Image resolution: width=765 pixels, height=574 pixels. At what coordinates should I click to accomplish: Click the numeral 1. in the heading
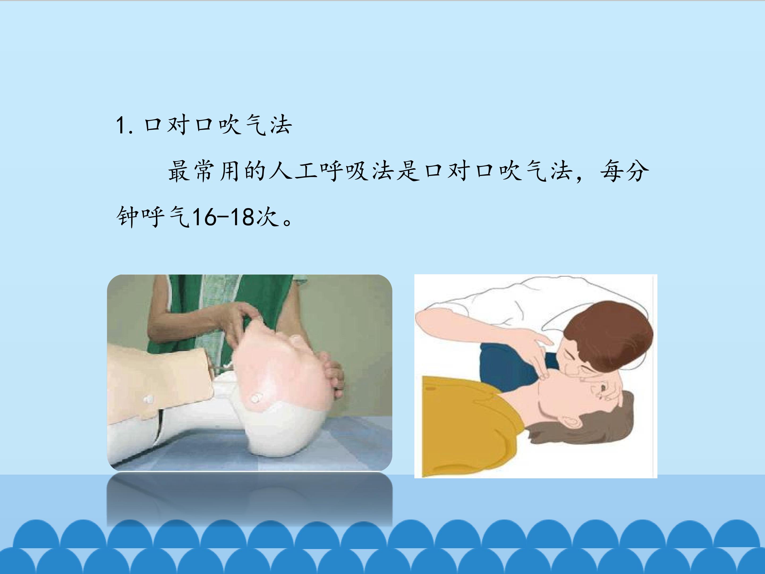pos(125,126)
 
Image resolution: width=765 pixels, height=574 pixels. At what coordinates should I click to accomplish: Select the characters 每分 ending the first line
pos(624,172)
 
